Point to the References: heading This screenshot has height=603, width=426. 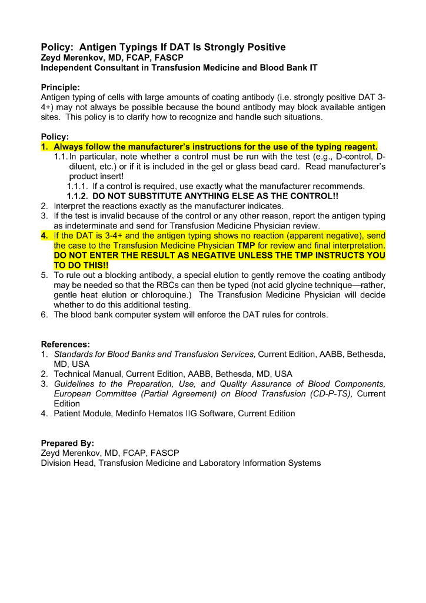[x=65, y=344]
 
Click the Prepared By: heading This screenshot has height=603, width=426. [x=68, y=443]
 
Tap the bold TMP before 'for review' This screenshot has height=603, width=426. [x=245, y=245]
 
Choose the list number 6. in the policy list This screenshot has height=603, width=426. [x=45, y=314]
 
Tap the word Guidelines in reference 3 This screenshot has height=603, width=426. [x=76, y=383]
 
